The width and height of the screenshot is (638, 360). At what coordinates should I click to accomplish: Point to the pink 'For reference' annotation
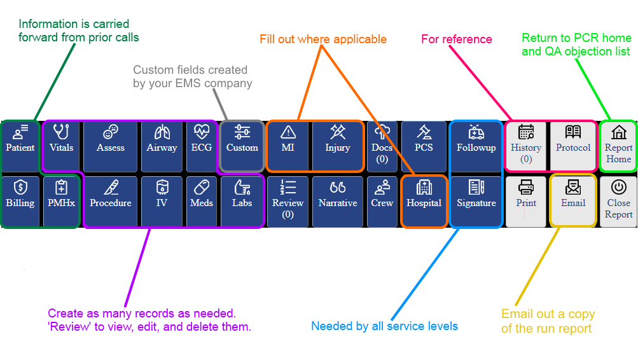457,39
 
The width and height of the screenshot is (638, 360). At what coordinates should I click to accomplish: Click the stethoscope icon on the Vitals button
61,132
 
